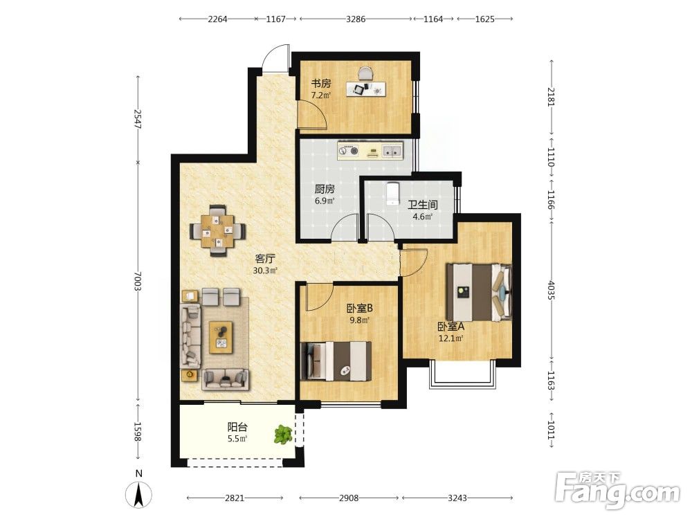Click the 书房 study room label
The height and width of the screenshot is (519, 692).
(x=321, y=84)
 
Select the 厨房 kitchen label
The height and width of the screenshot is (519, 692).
(x=325, y=190)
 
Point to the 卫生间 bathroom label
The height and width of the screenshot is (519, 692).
(x=422, y=205)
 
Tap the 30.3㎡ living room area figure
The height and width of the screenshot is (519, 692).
(x=265, y=271)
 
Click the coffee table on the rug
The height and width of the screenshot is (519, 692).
(x=221, y=337)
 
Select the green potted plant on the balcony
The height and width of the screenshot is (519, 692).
(x=283, y=435)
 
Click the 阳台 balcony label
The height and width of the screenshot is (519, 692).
(x=237, y=427)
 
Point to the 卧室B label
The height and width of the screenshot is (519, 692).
(x=360, y=308)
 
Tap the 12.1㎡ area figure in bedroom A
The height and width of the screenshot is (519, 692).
(x=450, y=338)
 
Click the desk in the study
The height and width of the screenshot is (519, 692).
(x=366, y=89)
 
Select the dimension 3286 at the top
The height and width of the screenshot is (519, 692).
(x=356, y=19)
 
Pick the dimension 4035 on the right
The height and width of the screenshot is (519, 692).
(x=551, y=290)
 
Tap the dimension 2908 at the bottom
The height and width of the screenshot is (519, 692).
(x=349, y=498)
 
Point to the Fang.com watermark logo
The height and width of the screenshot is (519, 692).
(x=617, y=490)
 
